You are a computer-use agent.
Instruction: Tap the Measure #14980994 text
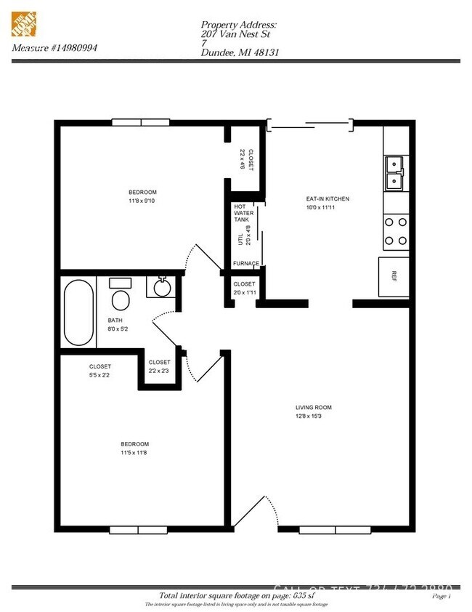click(54, 48)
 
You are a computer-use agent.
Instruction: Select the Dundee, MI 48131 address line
click(240, 52)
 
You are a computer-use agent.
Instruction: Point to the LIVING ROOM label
click(313, 407)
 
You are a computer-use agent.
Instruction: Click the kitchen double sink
click(394, 172)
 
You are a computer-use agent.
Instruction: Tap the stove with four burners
click(396, 230)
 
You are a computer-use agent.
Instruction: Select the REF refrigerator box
click(394, 277)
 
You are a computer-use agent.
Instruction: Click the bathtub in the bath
click(78, 312)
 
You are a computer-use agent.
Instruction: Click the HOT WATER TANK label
click(241, 213)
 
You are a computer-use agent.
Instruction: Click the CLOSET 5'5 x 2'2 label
click(100, 371)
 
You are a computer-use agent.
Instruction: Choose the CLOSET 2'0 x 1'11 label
click(244, 288)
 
